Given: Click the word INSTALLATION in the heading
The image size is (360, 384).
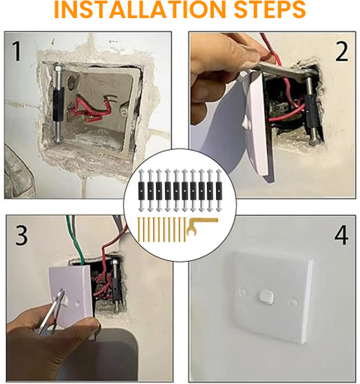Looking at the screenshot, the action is (142, 9).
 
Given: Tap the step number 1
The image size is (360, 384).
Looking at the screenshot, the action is (16, 51).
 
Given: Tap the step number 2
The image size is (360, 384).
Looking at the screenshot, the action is (341, 52).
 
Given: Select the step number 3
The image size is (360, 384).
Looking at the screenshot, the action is (21, 235).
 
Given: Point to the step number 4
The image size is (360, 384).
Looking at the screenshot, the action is (341, 235).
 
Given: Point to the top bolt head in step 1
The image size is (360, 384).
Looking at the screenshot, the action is (58, 67).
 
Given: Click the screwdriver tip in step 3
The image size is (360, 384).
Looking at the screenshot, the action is (61, 292).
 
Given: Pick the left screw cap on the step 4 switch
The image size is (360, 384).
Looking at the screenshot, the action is (242, 291).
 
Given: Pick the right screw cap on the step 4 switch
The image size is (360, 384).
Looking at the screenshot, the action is (293, 302).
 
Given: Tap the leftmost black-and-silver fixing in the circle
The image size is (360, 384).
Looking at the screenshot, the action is (142, 190).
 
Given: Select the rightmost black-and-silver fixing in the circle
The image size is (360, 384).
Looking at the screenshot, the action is (219, 190).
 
